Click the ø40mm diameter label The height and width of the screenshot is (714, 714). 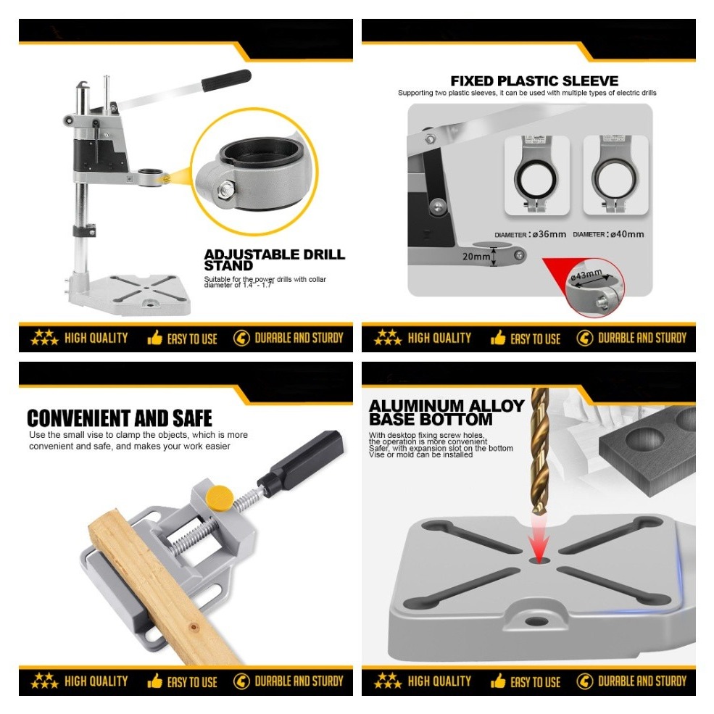[608, 234]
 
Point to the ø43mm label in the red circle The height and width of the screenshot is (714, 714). [586, 275]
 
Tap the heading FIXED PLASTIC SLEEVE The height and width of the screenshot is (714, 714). [534, 80]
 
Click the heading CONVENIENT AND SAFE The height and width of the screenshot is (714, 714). [120, 418]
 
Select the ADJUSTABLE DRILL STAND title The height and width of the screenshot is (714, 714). [274, 260]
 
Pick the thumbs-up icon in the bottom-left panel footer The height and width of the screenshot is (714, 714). [154, 681]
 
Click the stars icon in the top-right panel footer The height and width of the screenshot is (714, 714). [388, 337]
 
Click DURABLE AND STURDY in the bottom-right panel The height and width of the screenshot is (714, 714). [641, 681]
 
